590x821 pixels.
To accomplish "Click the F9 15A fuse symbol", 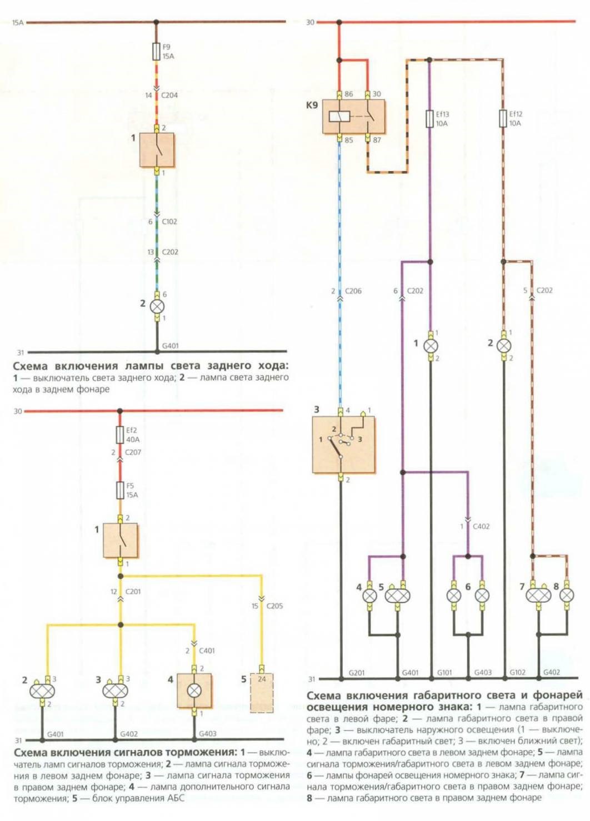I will coord(156,52).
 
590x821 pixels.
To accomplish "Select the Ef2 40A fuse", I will coord(119,435).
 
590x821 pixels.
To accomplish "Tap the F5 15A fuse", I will coord(119,490).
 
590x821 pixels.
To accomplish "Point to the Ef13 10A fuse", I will coord(429,119).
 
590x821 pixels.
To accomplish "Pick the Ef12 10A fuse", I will coord(503,118).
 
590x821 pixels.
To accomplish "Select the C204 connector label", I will coord(169,95).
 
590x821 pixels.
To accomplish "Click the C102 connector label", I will coord(169,221).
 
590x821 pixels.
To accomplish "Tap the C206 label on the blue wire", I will coord(353,291).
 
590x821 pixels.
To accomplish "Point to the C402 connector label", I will coord(481,526).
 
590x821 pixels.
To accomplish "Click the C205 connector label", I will coord(274,606).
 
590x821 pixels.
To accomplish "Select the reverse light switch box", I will coord(157,150).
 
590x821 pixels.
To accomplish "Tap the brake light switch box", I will coord(121,541).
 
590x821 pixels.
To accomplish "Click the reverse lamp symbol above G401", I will coord(157,306).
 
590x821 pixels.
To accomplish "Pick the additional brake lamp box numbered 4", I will coord(194,691).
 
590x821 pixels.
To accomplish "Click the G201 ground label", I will coord(357,672).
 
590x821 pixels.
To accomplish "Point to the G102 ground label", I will coord(517,672).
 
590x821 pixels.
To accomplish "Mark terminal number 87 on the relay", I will coord(377,140).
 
